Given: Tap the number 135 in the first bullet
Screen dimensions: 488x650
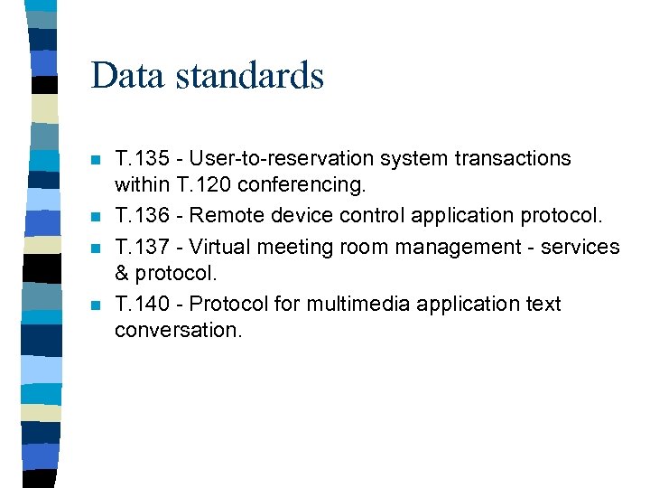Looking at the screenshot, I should pyautogui.click(x=154, y=158).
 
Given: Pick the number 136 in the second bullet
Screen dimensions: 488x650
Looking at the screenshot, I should pyautogui.click(x=154, y=216).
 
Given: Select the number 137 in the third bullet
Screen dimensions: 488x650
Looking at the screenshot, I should pyautogui.click(x=154, y=246).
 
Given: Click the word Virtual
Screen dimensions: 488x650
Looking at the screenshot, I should pyautogui.click(x=220, y=246).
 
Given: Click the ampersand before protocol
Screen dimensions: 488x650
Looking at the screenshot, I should pyautogui.click(x=122, y=274).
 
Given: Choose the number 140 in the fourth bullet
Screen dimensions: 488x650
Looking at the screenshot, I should pyautogui.click(x=154, y=304).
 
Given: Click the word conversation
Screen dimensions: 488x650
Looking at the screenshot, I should pyautogui.click(x=178, y=330).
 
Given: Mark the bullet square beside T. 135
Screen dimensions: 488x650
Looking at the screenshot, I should pyautogui.click(x=96, y=161).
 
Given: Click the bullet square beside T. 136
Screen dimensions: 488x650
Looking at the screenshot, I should pyautogui.click(x=96, y=219).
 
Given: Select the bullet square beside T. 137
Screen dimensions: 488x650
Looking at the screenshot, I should pyautogui.click(x=96, y=249).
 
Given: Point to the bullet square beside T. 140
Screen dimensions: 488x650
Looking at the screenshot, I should pyautogui.click(x=96, y=306).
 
